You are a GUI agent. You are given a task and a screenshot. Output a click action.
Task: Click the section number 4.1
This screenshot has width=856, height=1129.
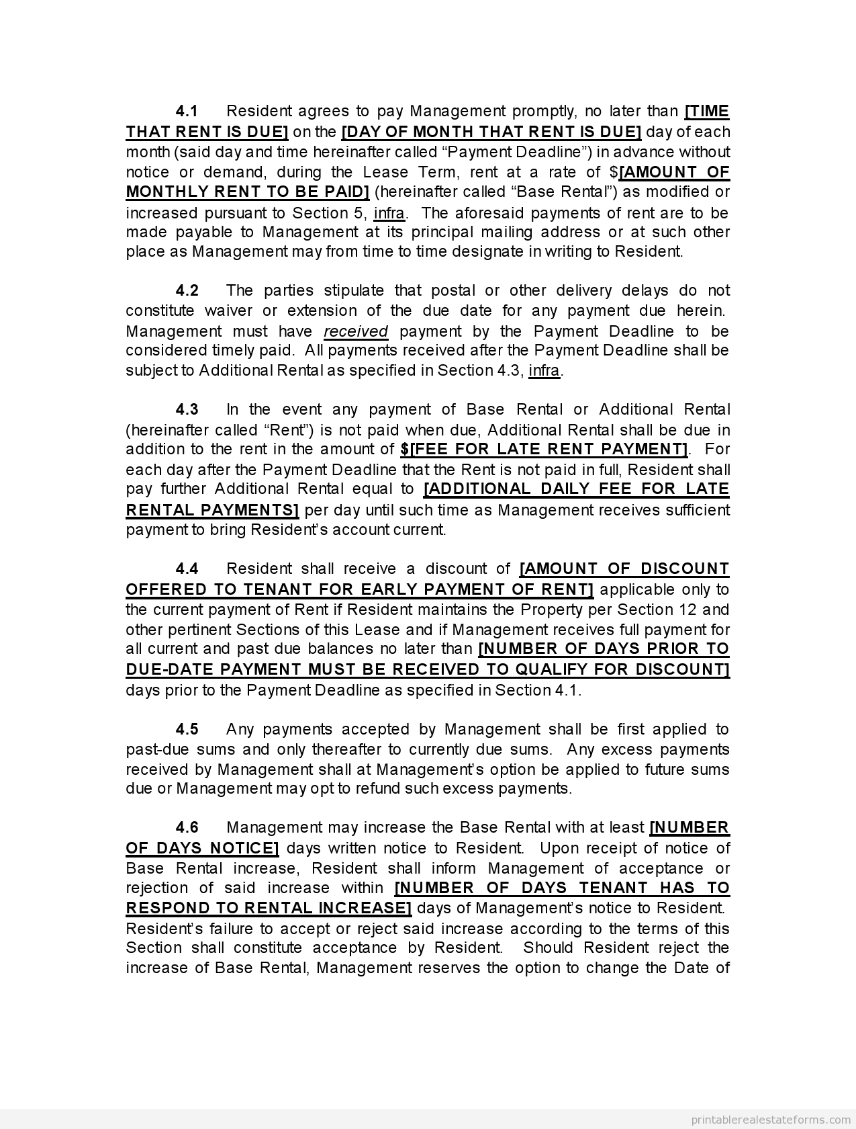pos(187,111)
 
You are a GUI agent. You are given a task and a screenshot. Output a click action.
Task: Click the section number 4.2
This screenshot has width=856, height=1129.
pos(187,290)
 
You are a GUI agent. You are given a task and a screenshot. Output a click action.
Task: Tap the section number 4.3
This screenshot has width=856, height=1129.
pos(187,409)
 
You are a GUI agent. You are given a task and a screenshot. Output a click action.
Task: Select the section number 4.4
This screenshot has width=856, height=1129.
pos(187,569)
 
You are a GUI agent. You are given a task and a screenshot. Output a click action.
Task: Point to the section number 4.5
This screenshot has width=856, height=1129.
pos(187,729)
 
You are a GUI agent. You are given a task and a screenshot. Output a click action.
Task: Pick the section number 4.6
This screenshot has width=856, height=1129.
pos(187,827)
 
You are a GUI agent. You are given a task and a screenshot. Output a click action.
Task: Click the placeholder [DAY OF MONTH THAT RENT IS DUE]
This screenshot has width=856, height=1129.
pos(491,131)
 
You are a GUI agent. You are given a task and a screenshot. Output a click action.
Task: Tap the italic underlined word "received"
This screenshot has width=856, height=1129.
pos(356,331)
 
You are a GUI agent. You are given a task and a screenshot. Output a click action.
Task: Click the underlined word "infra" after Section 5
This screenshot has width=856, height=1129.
pos(389,213)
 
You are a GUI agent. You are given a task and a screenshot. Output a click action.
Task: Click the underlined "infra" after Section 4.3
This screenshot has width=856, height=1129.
pos(544,370)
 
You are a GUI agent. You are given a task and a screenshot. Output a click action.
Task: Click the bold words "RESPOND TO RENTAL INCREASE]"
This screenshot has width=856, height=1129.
pos(269,908)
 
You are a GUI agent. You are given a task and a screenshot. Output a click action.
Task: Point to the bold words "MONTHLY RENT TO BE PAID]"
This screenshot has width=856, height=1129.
pos(248,192)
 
